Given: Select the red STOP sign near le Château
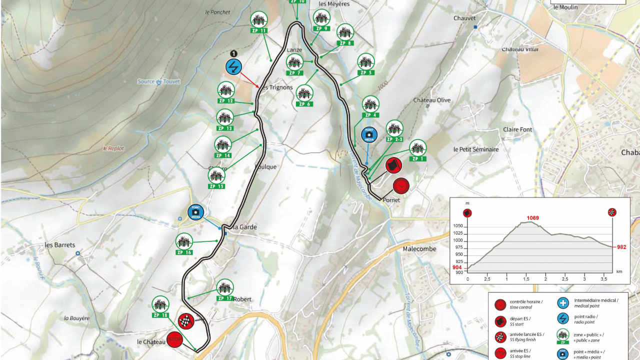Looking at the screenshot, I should click(174, 340).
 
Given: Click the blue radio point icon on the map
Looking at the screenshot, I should click(234, 66).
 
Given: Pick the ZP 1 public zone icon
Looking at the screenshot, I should click(417, 148).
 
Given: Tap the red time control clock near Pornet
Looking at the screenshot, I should click(400, 186).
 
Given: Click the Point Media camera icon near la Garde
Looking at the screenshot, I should click(195, 212).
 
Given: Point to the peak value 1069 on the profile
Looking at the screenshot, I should click(532, 217).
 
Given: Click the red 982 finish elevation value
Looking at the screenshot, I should click(621, 247).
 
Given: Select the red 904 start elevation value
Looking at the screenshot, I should click(457, 267).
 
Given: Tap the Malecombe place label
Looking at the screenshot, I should click(419, 249).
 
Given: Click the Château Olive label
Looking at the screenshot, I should click(431, 100).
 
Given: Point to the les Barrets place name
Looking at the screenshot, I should click(60, 245).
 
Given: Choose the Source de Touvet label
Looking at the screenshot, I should click(158, 81).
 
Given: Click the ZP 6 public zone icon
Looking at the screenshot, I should click(304, 93).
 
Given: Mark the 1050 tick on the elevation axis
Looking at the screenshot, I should click(458, 226).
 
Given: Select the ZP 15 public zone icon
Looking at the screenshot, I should click(216, 176).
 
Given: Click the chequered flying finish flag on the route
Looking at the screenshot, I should click(186, 321).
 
